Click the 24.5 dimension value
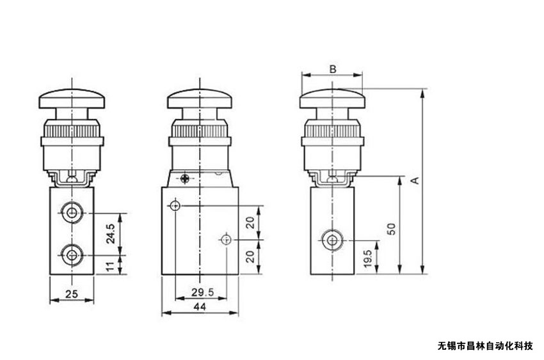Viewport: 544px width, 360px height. click(110, 233)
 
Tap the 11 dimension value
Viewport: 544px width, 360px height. click(110, 267)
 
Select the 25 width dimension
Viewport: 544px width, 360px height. click(72, 294)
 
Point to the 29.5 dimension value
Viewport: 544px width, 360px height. click(203, 292)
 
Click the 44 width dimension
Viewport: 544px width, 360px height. click(200, 307)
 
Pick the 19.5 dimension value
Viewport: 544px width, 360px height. click(368, 259)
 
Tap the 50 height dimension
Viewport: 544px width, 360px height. click(391, 229)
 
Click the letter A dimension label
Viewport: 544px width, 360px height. click(415, 180)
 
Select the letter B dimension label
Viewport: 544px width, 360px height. click(333, 69)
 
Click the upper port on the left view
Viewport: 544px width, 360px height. click(72, 212)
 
